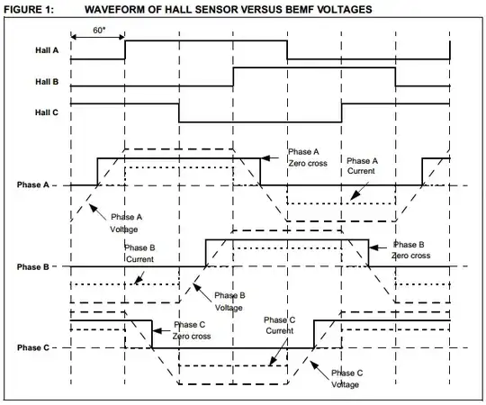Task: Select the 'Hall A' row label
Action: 36,50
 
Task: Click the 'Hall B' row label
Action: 36,81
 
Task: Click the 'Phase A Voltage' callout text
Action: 127,223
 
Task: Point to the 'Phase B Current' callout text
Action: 140,254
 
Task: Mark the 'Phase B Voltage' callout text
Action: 230,301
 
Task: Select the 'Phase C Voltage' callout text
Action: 346,378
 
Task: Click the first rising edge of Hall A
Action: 125,49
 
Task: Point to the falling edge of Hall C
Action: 179,112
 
